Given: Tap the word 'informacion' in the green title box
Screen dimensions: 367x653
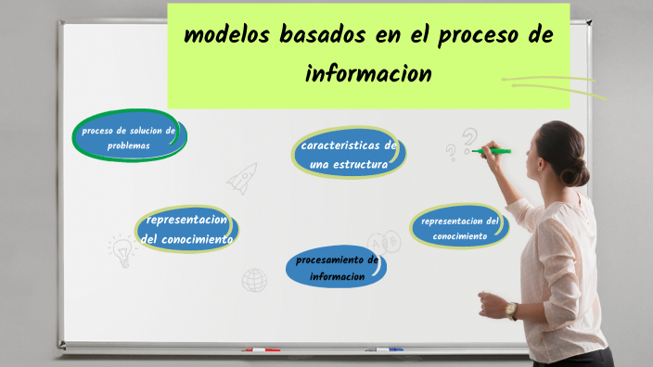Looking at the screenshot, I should click(369, 73).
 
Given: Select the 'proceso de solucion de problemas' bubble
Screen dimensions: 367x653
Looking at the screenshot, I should click(129, 138).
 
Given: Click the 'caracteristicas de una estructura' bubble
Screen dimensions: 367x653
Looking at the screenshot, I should click(349, 155).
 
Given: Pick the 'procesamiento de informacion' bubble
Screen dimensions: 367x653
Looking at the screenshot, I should click(337, 268).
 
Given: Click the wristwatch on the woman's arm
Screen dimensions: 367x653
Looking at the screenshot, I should click(512, 310).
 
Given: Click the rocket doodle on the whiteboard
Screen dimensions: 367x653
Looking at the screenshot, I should click(242, 177).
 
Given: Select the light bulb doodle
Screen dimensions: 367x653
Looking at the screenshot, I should click(122, 251).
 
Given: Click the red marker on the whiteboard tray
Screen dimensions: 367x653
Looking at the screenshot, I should click(262, 350).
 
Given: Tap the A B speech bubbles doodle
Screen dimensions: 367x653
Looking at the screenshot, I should click(383, 243).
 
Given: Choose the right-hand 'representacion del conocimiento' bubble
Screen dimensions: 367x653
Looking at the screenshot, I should click(460, 228).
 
